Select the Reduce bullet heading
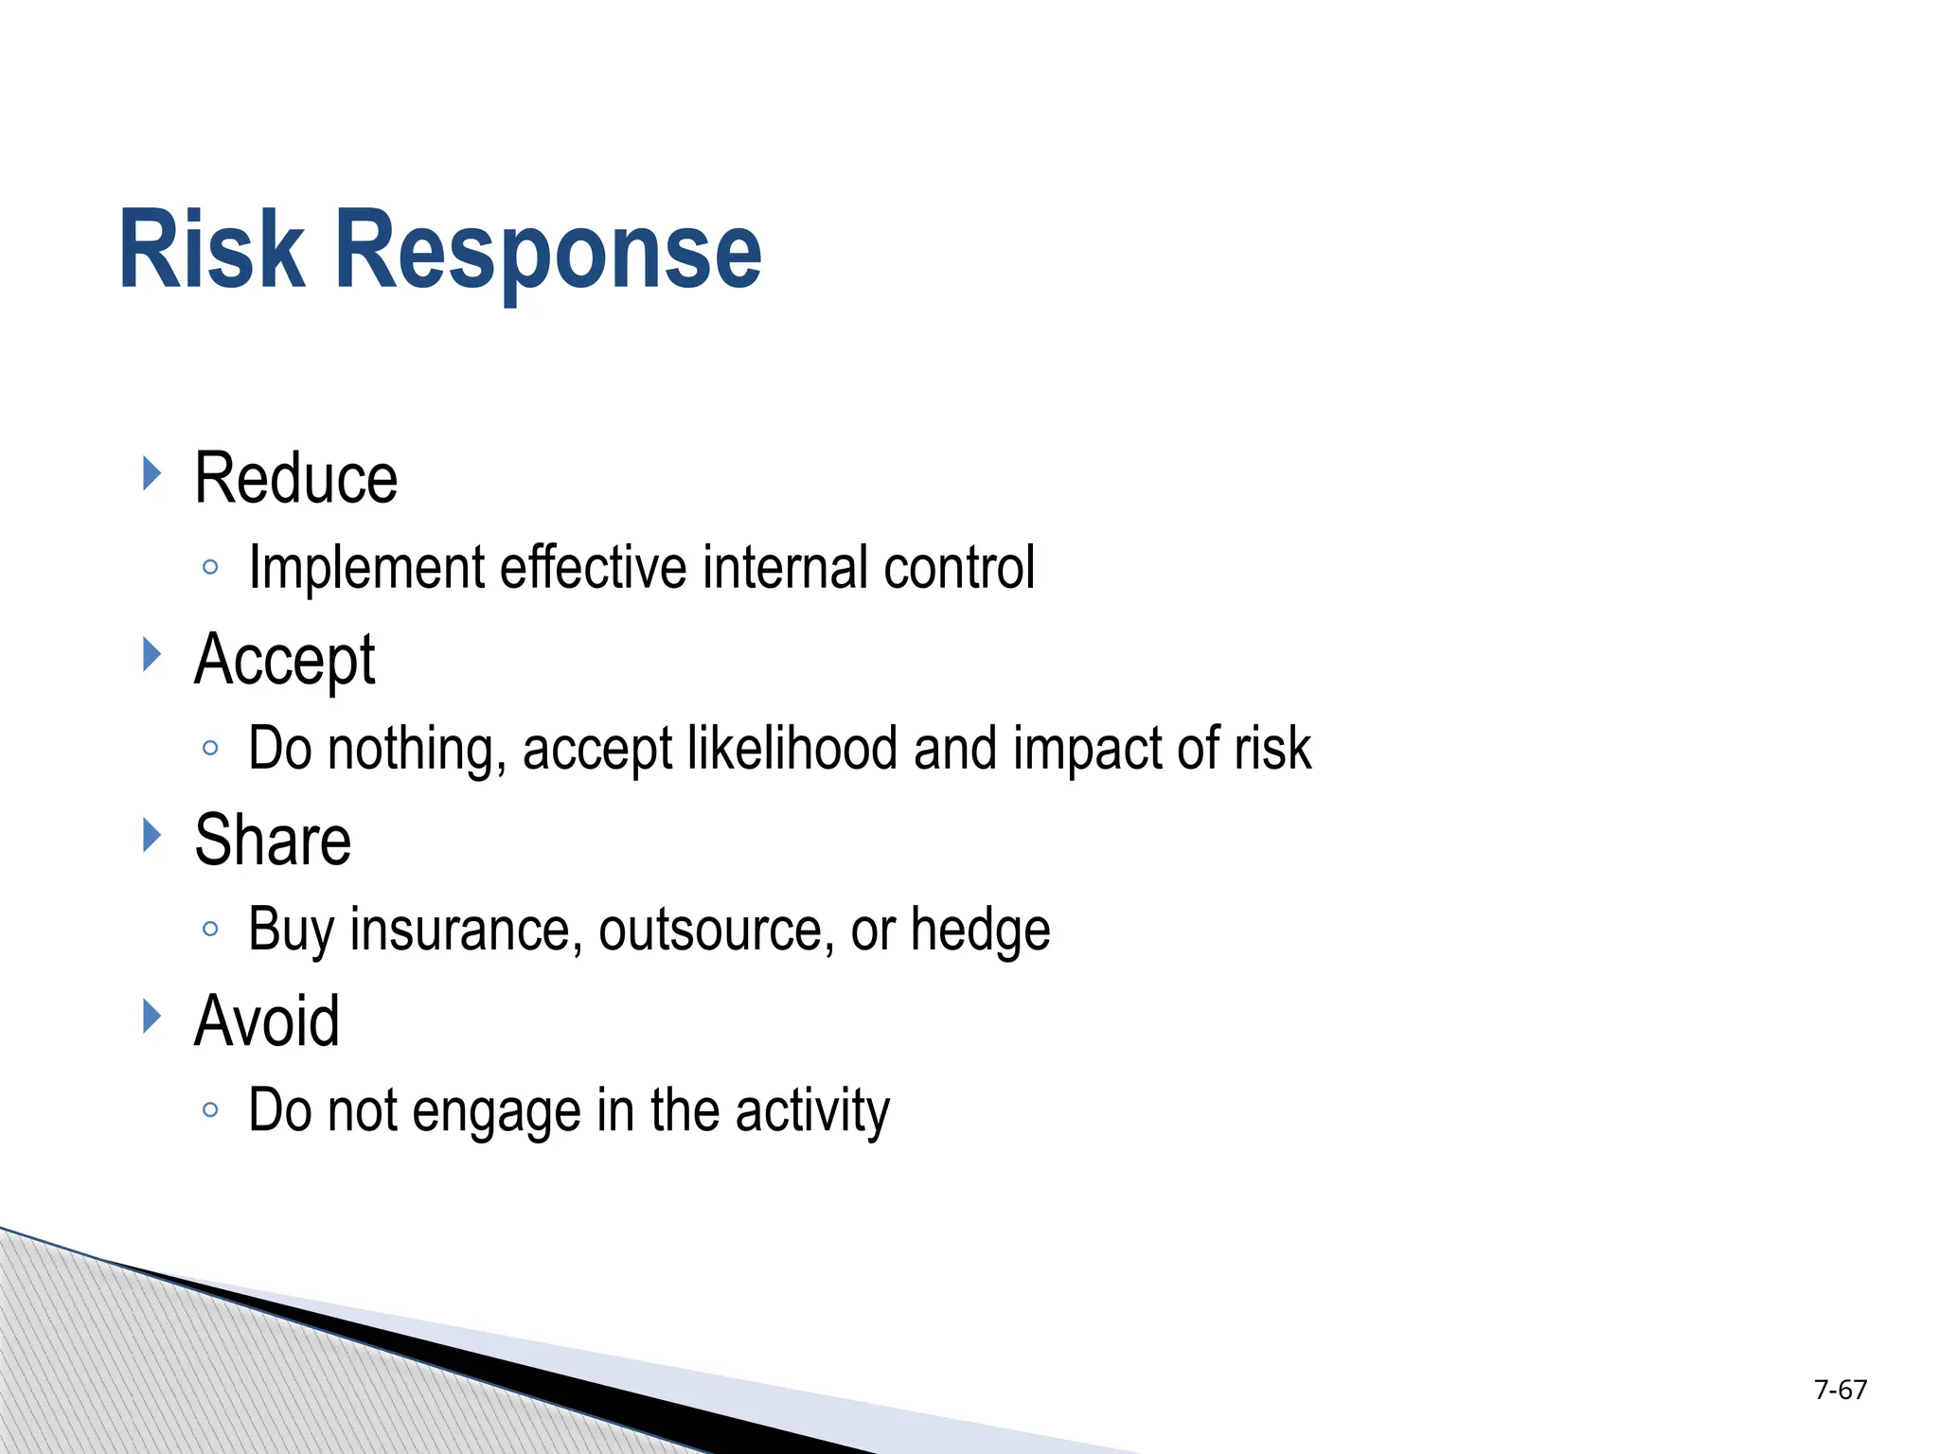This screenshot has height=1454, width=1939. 295,479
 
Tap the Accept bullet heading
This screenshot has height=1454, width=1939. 284,660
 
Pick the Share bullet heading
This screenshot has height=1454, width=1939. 273,841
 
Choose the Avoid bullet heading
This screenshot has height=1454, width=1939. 267,1021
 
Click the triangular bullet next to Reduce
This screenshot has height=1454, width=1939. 151,472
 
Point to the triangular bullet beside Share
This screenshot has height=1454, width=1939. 151,835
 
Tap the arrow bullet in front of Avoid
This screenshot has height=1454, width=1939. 151,1016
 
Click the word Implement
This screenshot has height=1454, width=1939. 366,569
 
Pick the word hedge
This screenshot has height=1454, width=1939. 980,930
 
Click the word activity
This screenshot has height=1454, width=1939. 812,1111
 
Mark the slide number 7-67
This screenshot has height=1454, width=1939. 1840,1390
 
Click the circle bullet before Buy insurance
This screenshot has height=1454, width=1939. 210,930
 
